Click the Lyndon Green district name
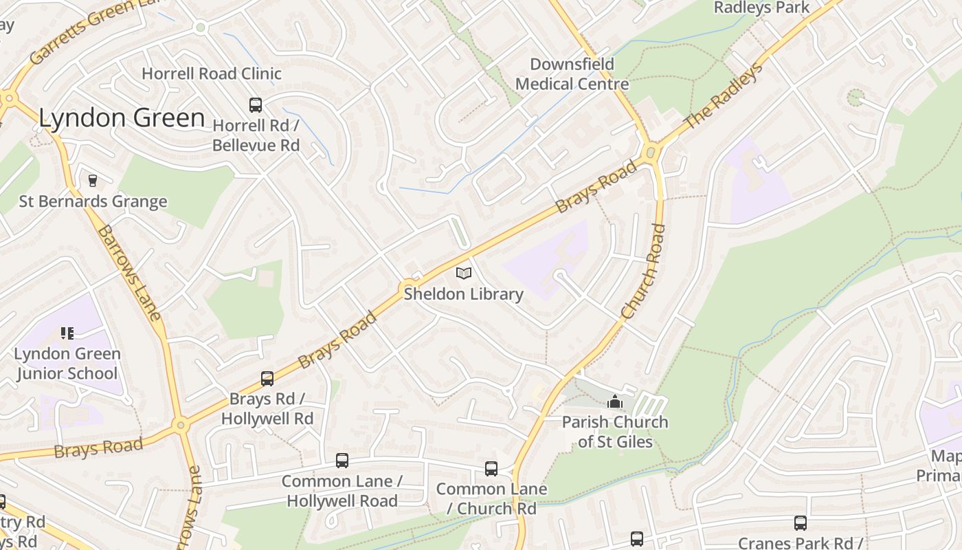coord(122,118)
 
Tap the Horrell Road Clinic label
coord(212,74)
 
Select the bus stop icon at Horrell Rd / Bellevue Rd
coord(256,105)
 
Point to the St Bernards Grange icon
coord(93,181)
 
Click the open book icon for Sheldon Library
coord(464,274)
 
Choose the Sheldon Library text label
coord(463,294)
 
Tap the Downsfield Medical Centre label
coord(572,74)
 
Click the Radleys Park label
coord(762,8)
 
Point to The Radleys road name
coord(724,96)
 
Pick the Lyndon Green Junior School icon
coord(67,333)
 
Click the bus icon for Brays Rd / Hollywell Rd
coord(267,379)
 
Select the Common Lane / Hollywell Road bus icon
coord(342,461)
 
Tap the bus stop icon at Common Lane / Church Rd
coord(491,469)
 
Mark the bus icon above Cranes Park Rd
coord(801,523)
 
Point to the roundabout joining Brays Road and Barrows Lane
coord(181,425)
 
